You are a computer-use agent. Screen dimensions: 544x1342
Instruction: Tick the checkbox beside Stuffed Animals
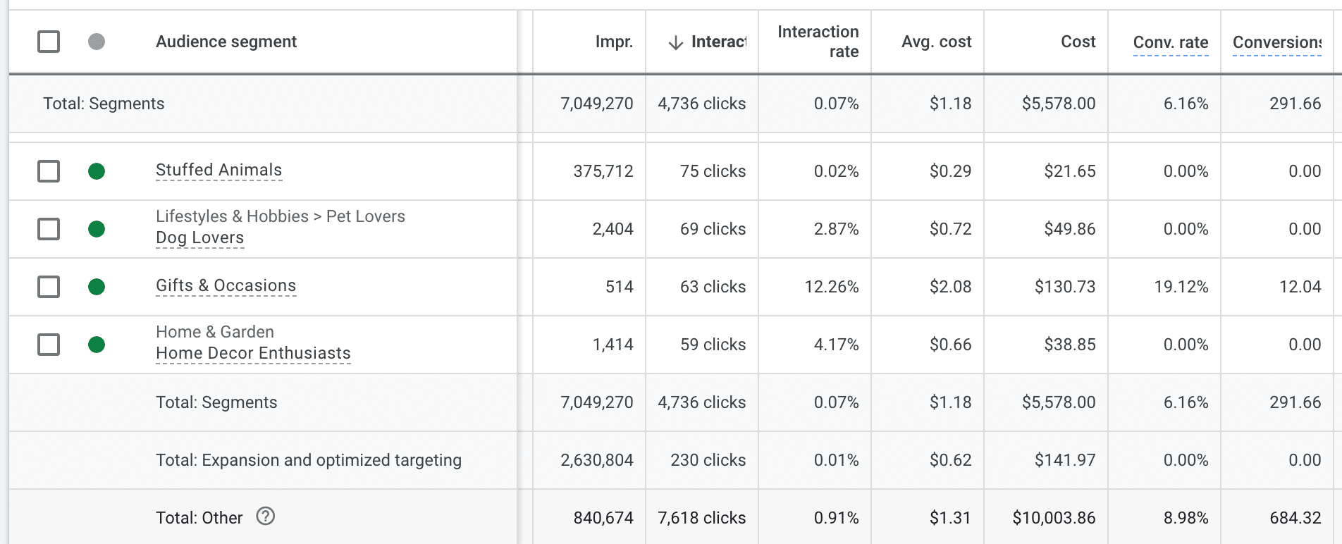click(49, 171)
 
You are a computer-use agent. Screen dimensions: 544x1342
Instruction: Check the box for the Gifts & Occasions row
click(49, 287)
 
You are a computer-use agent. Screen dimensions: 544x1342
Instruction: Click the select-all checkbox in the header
click(49, 42)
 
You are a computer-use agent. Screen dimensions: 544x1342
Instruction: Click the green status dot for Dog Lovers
click(97, 229)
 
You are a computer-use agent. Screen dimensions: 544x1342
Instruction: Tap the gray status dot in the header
click(97, 42)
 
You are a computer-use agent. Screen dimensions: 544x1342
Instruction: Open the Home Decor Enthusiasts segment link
click(253, 353)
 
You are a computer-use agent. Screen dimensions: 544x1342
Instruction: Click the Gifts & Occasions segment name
click(226, 285)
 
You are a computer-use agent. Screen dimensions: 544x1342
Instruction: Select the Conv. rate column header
click(1170, 42)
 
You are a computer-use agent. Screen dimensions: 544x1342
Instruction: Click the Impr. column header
click(614, 42)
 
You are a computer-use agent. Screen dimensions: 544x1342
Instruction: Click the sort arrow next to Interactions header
click(675, 42)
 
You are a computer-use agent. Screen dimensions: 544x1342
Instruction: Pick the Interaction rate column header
click(818, 42)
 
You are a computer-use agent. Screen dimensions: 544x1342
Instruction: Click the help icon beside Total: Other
click(265, 517)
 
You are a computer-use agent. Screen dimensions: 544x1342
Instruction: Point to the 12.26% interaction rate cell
click(831, 287)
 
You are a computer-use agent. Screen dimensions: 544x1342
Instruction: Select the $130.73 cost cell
click(1064, 287)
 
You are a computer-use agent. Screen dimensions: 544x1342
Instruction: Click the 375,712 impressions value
click(603, 171)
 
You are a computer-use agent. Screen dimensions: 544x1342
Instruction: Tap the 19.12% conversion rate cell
click(1181, 287)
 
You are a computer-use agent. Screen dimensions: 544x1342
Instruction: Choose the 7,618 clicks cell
click(701, 518)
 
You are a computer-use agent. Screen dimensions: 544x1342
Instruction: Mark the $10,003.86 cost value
click(1054, 518)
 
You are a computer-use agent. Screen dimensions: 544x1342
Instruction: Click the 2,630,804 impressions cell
click(596, 460)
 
